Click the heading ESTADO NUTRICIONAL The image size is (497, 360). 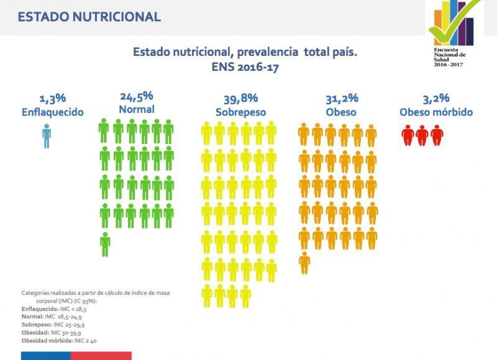tap(89, 17)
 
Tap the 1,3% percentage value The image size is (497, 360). tap(53, 99)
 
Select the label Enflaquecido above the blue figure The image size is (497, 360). tap(53, 112)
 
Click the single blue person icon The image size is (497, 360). tap(47, 136)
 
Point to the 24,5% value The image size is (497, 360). tap(137, 97)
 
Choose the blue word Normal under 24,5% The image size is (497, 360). tap(137, 109)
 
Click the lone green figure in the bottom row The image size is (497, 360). tap(105, 245)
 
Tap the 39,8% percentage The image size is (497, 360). tap(241, 99)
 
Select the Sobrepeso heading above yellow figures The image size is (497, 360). tap(241, 112)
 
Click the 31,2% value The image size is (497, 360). tap(342, 99)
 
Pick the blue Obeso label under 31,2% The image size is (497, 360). tap(341, 112)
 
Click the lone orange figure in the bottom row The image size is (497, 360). tap(304, 263)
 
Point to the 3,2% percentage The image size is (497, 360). tap(436, 99)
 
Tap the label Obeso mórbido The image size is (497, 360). tap(436, 112)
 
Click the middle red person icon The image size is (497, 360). tap(422, 135)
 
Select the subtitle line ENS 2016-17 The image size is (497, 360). tap(245, 67)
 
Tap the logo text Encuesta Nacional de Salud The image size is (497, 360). tap(449, 57)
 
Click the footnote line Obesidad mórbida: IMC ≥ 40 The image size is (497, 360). tap(59, 341)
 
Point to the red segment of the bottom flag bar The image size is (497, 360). tap(101, 356)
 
